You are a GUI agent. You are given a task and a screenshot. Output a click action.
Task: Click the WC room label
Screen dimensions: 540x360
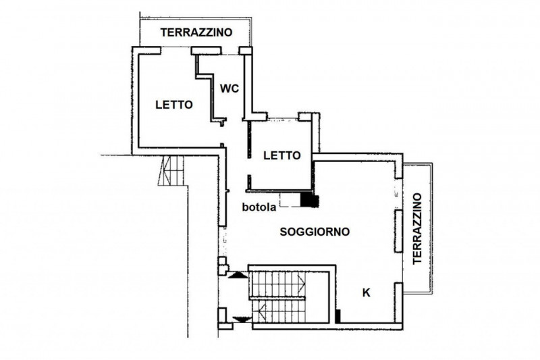(x=230, y=88)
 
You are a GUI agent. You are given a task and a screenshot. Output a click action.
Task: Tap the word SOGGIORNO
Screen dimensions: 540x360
(x=315, y=232)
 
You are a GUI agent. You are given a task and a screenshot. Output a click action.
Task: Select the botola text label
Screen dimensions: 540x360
(x=259, y=207)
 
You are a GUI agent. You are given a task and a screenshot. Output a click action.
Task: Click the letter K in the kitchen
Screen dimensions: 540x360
(x=367, y=293)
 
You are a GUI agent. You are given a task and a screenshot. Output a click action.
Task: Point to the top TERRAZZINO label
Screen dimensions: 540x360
(x=196, y=32)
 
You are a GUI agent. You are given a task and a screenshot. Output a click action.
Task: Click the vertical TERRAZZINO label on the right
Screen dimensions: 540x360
(x=417, y=228)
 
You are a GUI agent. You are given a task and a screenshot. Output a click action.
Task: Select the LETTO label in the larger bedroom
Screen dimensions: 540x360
(x=174, y=105)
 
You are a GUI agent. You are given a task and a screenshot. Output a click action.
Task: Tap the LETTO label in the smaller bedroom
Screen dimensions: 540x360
(x=282, y=155)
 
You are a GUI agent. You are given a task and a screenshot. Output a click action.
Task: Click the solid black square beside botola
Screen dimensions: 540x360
(x=310, y=200)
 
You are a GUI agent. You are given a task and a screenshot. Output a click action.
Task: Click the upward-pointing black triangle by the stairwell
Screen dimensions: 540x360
(x=238, y=275)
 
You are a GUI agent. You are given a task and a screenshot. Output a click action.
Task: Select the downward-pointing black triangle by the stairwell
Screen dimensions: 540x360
(x=242, y=319)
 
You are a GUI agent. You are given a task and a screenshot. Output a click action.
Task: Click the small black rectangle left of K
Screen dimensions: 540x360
(x=338, y=316)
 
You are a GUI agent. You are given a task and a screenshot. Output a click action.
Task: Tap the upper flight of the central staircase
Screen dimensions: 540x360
(x=277, y=284)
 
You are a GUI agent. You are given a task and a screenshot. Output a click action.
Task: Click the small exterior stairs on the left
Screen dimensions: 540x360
(x=171, y=171)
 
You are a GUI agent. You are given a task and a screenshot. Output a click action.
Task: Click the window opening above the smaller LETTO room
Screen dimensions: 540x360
(x=282, y=119)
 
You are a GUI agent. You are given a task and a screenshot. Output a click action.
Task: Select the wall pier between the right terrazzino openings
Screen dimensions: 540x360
(x=398, y=231)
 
